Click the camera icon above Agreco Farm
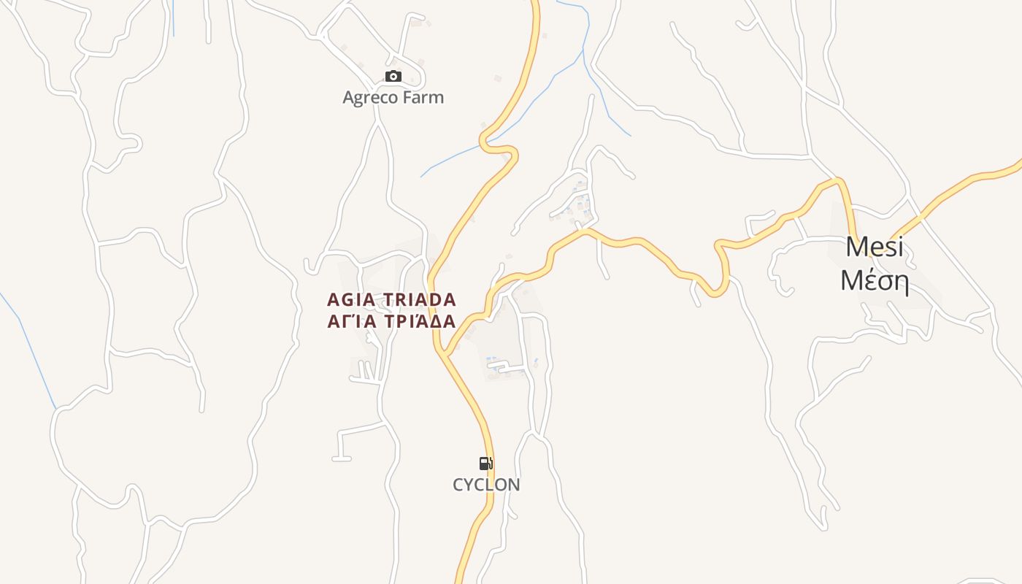pos(393,76)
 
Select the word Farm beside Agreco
pos(426,97)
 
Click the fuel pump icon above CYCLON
pos(485,463)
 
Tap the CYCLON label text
pos(486,485)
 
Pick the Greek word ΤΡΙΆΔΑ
pos(418,321)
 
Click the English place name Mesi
pos(874,247)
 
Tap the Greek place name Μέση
pos(874,280)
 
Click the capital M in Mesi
pos(856,247)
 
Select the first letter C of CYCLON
pos(458,485)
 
